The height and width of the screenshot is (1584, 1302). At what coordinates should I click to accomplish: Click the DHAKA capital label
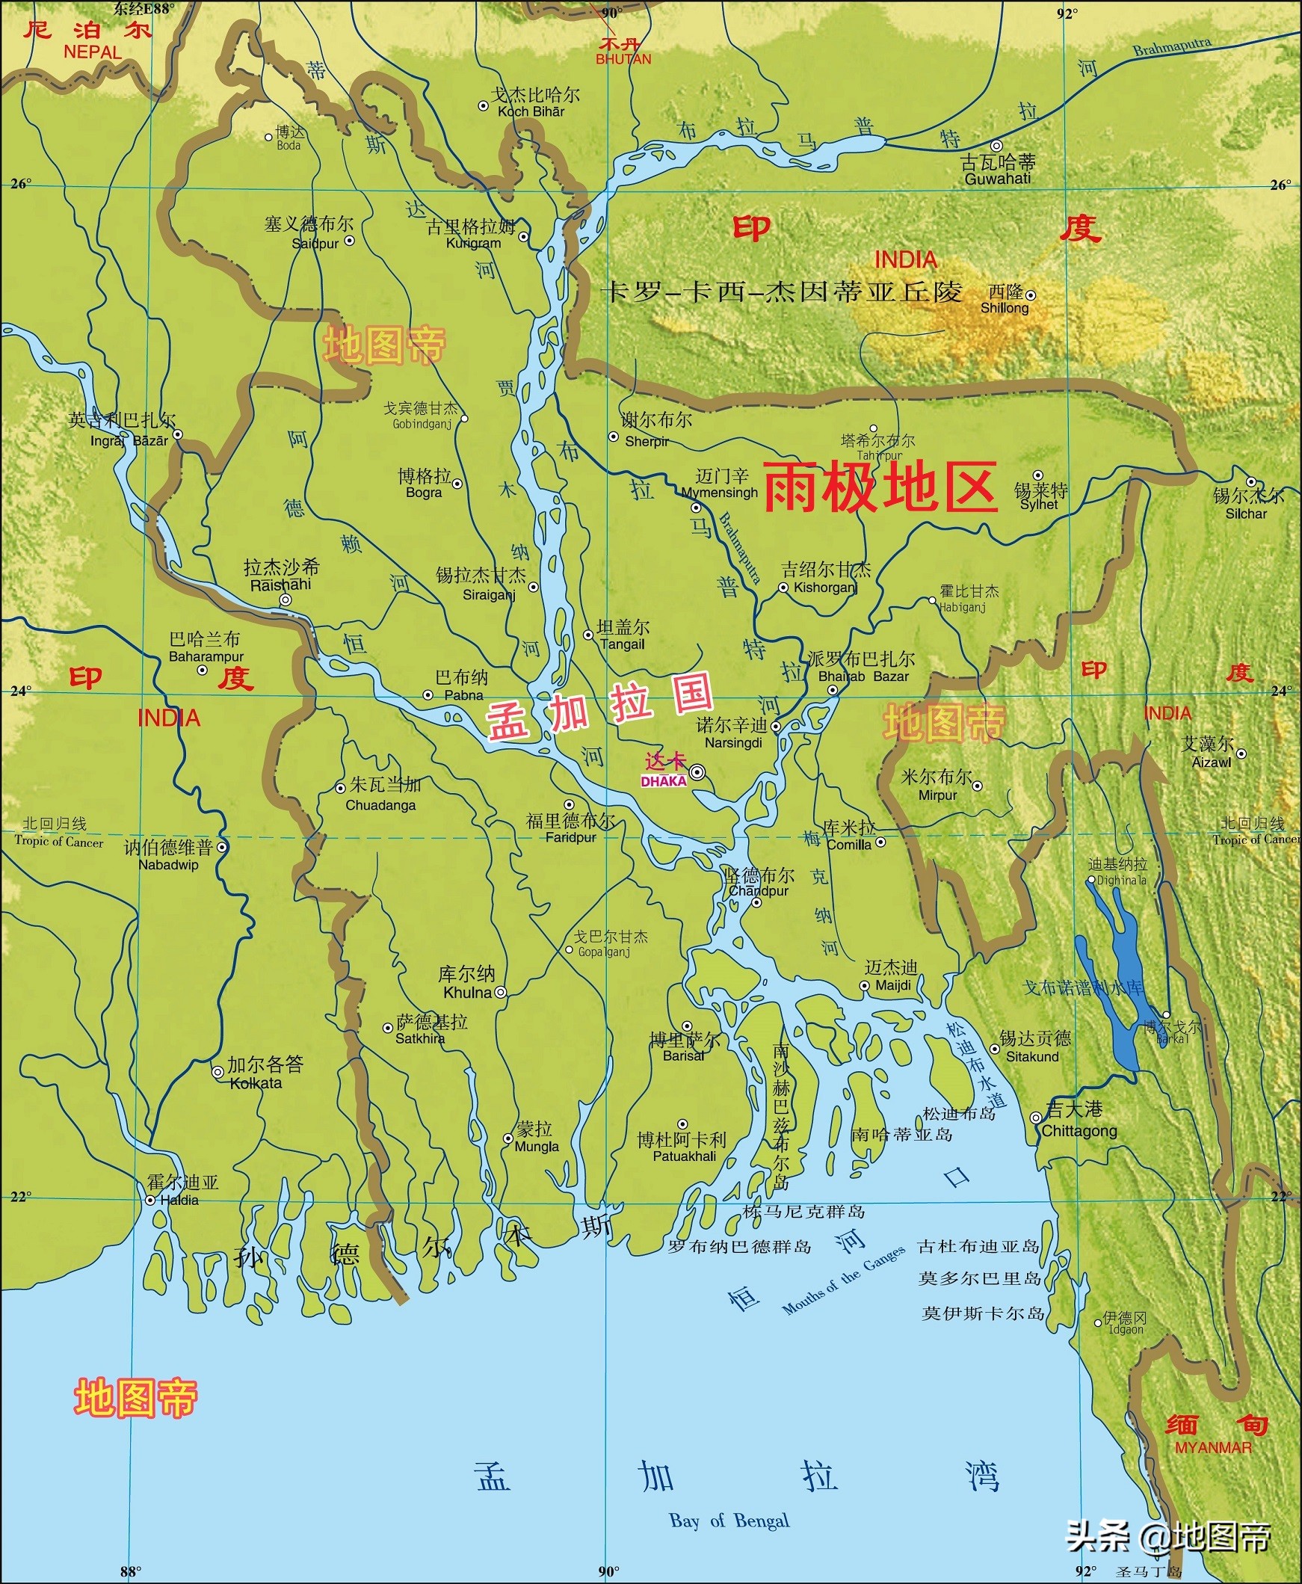pyautogui.click(x=664, y=780)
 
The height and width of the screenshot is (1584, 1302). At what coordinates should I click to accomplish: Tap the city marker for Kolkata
pyautogui.click(x=217, y=1072)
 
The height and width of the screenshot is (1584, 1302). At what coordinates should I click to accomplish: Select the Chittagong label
pyautogui.click(x=1079, y=1131)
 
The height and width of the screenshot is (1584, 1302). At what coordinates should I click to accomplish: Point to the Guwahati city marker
pyautogui.click(x=996, y=146)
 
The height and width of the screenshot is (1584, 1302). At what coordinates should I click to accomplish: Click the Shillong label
pyautogui.click(x=1005, y=308)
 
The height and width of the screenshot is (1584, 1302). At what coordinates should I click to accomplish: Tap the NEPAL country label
pyautogui.click(x=92, y=52)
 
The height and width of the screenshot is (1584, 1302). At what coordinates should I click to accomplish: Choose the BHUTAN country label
pyautogui.click(x=623, y=59)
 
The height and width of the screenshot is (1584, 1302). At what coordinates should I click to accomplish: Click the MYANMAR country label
pyautogui.click(x=1213, y=1447)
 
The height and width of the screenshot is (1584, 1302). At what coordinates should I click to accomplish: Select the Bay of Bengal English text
pyautogui.click(x=729, y=1520)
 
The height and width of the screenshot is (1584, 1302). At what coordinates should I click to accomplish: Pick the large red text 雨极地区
pyautogui.click(x=880, y=487)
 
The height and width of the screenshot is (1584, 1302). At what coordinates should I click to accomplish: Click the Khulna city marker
pyautogui.click(x=500, y=992)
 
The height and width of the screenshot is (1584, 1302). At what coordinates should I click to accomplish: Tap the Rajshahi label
pyautogui.click(x=280, y=585)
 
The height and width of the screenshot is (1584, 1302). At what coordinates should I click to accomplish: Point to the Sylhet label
pyautogui.click(x=1039, y=505)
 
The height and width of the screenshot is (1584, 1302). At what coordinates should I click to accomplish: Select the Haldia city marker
pyautogui.click(x=150, y=1200)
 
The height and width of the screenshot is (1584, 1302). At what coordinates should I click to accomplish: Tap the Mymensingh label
pyautogui.click(x=719, y=493)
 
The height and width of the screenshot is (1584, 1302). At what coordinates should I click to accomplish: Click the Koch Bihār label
pyautogui.click(x=530, y=111)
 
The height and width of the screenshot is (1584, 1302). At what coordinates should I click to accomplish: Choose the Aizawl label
pyautogui.click(x=1212, y=762)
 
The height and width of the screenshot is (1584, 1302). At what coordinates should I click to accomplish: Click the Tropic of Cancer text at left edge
pyautogui.click(x=58, y=842)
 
